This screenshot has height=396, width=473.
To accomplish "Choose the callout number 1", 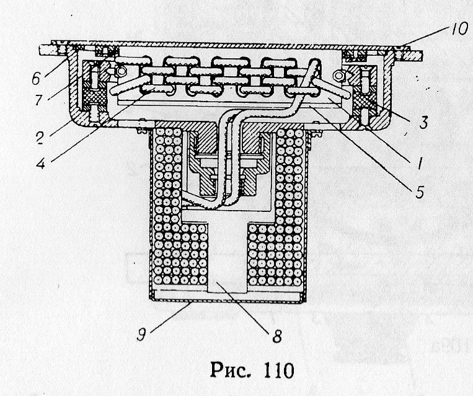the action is click(420, 164).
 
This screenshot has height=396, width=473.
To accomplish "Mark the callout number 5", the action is click(420, 192).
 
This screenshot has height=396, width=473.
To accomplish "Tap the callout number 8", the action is click(277, 338).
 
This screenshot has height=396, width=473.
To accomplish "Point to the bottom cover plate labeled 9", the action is click(227, 298).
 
